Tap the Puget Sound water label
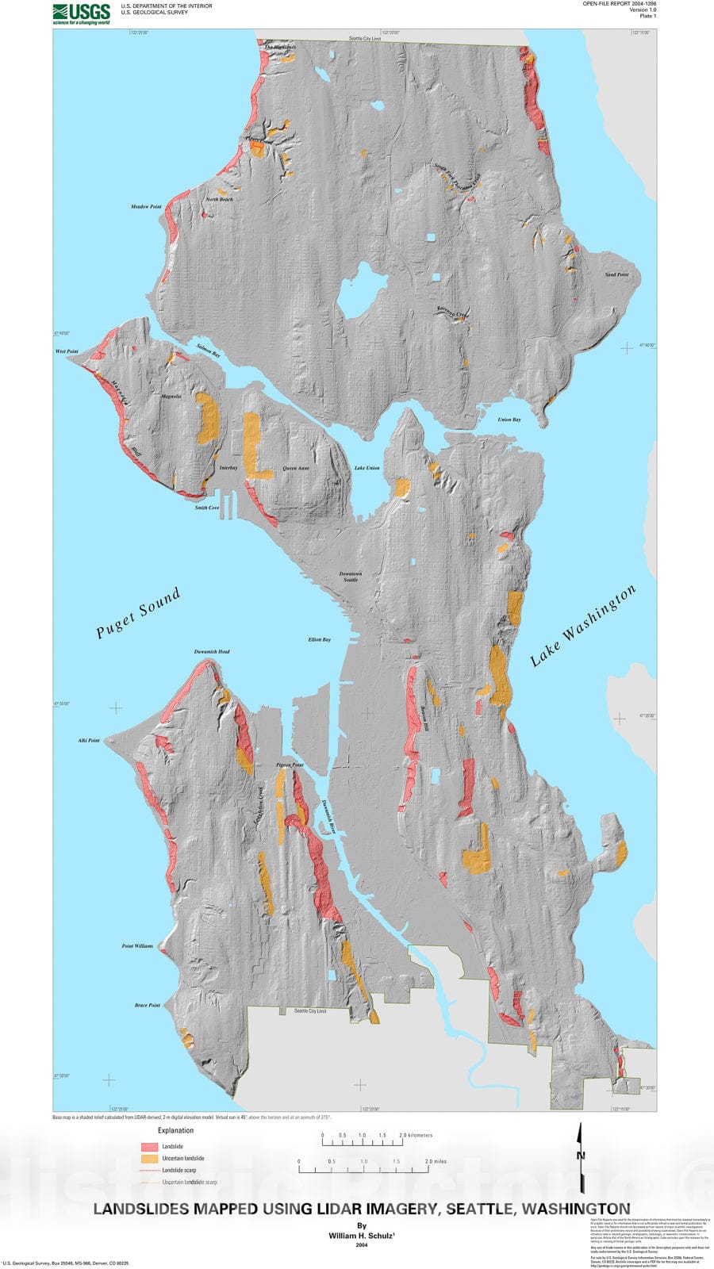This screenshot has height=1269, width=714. click(139, 612)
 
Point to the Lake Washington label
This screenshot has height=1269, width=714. click(582, 626)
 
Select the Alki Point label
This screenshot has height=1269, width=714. click(89, 741)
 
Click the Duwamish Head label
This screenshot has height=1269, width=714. click(212, 652)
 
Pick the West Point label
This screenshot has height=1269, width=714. click(67, 351)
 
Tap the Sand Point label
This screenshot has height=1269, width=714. click(616, 274)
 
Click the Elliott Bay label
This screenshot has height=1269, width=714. click(320, 639)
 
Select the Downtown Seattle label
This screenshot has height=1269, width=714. click(350, 577)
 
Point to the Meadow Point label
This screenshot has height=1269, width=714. click(146, 207)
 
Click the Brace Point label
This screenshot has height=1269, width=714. click(147, 1005)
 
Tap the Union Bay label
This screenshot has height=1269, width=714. click(509, 420)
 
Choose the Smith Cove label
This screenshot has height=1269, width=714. click(207, 508)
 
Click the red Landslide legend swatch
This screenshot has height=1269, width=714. click(149, 1147)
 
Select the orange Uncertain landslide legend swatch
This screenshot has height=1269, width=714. click(149, 1159)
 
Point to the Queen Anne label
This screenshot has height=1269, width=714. click(296, 468)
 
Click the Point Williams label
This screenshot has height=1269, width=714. click(137, 946)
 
